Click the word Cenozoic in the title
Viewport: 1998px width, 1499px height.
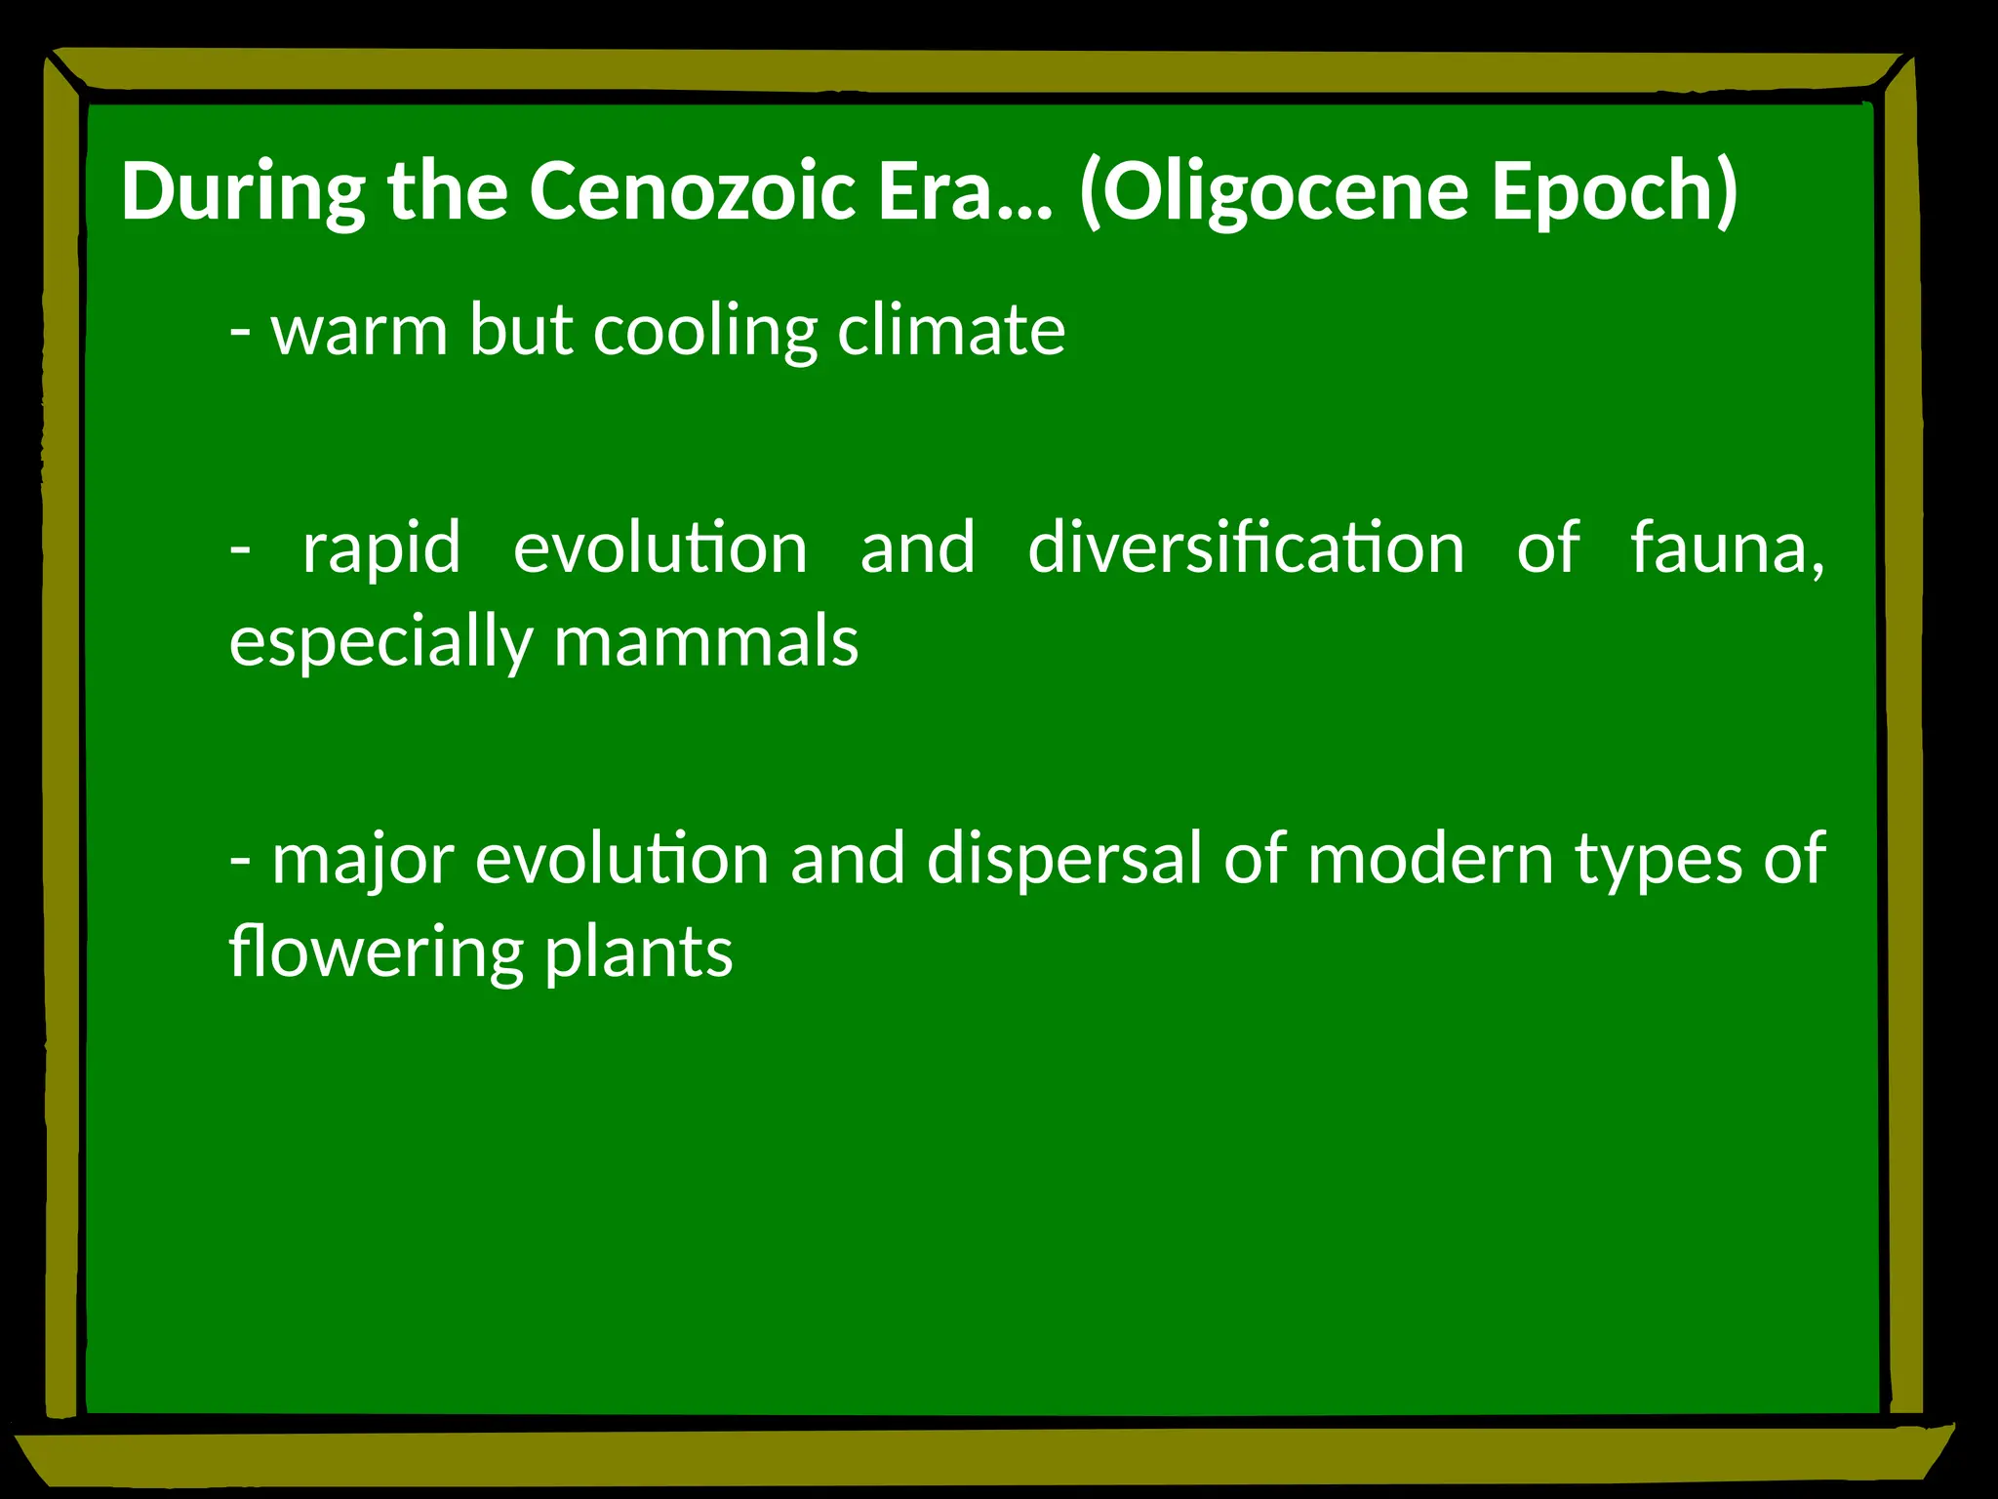(692, 190)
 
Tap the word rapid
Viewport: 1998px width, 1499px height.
(381, 549)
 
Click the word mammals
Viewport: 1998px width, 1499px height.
(706, 641)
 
